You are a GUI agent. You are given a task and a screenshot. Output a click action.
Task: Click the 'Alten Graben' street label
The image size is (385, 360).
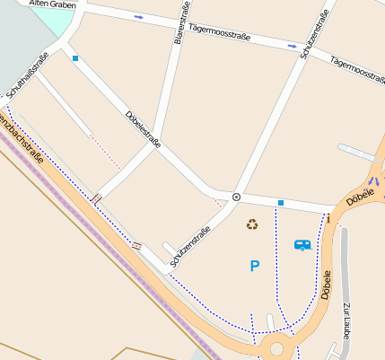[52, 4]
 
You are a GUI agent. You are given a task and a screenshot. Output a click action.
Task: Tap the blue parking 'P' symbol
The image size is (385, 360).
[255, 266]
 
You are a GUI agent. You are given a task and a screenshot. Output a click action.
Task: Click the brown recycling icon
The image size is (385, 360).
[252, 224]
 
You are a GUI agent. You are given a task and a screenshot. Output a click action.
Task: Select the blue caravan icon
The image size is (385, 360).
[302, 243]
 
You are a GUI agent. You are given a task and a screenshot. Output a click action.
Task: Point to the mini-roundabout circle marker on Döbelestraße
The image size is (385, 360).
[236, 196]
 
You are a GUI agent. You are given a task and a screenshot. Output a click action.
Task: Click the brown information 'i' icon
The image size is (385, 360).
[328, 218]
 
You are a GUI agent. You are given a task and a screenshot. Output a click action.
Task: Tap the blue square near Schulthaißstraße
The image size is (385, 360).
[75, 59]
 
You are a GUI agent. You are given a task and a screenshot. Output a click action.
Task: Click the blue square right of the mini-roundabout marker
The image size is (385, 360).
[281, 203]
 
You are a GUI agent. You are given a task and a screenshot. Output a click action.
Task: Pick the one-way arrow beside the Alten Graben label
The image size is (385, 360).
[138, 17]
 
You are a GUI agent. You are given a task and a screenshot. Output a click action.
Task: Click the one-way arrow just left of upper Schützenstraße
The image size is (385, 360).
[292, 45]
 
